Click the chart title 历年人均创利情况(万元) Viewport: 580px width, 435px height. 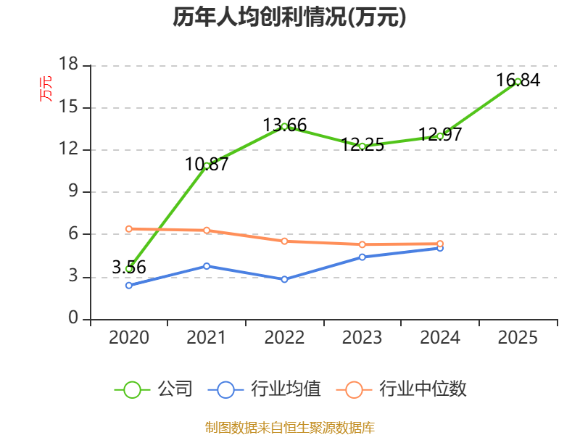pyautogui.click(x=289, y=17)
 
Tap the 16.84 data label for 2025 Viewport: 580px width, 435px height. pyautogui.click(x=518, y=80)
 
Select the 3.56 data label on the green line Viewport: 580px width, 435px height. pyautogui.click(x=129, y=267)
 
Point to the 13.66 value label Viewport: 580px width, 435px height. pyautogui.click(x=285, y=125)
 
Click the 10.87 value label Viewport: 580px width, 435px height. pyautogui.click(x=207, y=165)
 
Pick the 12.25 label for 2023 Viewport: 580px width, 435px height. pyautogui.click(x=362, y=144)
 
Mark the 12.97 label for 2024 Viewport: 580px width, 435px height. pyautogui.click(x=440, y=134)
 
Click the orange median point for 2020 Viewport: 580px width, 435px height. pyautogui.click(x=129, y=229)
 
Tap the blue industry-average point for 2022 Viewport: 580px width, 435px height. pyautogui.click(x=284, y=279)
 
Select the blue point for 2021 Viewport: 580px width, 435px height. pyautogui.click(x=207, y=266)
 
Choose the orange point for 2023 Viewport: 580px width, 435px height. pyautogui.click(x=362, y=244)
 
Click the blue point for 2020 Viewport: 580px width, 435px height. pyautogui.click(x=129, y=285)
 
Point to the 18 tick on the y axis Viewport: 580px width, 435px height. pyautogui.click(x=69, y=64)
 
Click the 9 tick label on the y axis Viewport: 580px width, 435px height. pyautogui.click(x=74, y=191)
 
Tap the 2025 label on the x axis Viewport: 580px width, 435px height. pyautogui.click(x=518, y=337)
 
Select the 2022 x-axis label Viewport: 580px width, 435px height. pyautogui.click(x=284, y=337)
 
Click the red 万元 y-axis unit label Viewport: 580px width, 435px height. pyautogui.click(x=46, y=88)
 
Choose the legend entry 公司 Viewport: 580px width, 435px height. pyautogui.click(x=154, y=389)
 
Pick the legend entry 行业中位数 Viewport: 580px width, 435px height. pyautogui.click(x=402, y=389)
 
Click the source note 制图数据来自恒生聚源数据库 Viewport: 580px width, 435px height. pyautogui.click(x=290, y=428)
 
